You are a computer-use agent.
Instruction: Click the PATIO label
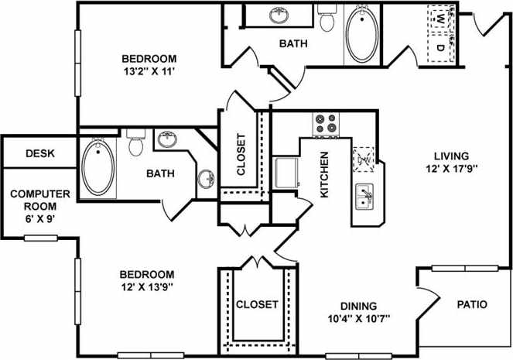[x=472, y=304]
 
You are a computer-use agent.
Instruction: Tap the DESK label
[x=40, y=153]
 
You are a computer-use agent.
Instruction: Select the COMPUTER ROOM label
[x=39, y=203]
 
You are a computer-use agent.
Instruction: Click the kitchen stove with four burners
[x=327, y=124]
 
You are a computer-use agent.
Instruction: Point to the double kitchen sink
[x=364, y=196]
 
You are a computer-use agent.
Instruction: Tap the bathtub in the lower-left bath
[x=98, y=167]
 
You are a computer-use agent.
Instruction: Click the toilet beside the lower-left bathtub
[x=135, y=142]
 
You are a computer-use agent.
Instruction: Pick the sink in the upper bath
[x=279, y=15]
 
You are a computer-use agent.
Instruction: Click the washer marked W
[x=440, y=17]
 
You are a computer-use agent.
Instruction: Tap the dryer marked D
[x=440, y=47]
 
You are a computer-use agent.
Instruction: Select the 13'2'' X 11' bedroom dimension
[x=149, y=71]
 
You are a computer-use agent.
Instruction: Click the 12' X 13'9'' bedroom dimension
[x=146, y=286]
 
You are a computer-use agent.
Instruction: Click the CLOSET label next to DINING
[x=257, y=304]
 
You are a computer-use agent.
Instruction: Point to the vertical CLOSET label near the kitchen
[x=241, y=154]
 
